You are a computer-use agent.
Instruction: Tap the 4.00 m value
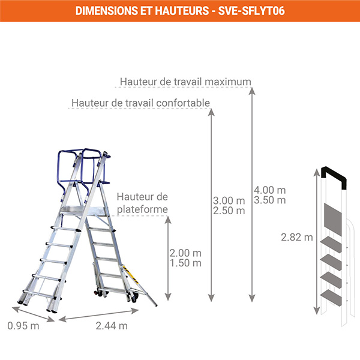[269, 188]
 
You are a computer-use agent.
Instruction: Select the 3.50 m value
[269, 200]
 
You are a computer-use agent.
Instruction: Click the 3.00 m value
[229, 200]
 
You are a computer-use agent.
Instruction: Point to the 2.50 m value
[229, 211]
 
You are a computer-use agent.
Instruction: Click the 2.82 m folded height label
[296, 237]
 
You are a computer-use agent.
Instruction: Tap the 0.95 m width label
[23, 326]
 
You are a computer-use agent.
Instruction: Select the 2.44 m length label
[112, 326]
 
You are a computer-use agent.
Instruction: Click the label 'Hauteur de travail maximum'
[185, 82]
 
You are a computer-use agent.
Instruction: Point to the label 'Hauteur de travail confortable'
[140, 103]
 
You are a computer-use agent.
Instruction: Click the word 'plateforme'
[142, 208]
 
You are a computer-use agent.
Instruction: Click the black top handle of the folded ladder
[335, 175]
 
